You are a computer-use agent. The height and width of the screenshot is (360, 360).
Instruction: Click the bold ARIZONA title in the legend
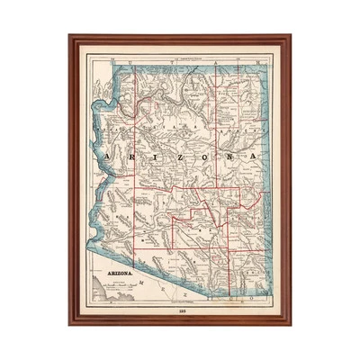(x=115, y=271)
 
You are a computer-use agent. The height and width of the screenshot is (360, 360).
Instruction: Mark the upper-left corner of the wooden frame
(x=69, y=36)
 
